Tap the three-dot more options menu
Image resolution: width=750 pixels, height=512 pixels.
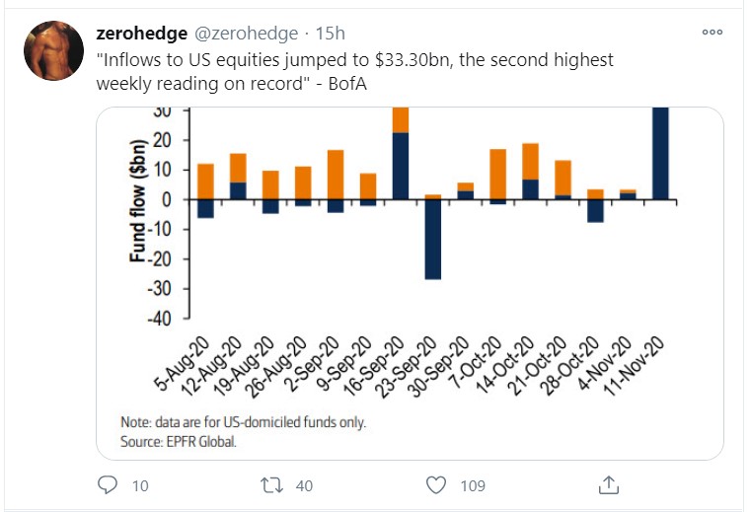[711, 33]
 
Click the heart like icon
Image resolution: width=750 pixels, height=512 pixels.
[437, 484]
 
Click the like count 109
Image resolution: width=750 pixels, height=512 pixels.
[473, 485]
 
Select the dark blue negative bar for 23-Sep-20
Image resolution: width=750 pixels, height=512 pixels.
[433, 240]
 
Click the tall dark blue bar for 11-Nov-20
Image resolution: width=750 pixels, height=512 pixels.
[661, 153]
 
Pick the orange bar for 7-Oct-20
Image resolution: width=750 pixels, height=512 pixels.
[497, 175]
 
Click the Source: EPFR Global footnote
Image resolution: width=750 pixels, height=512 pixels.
[179, 441]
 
